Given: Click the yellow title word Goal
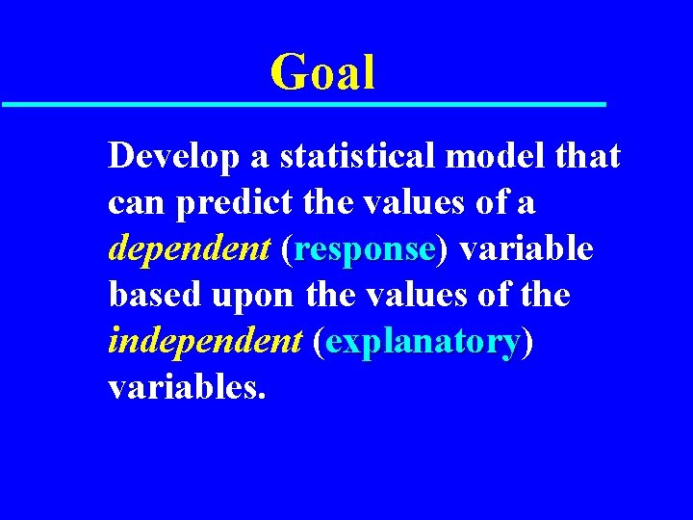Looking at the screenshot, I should click(x=322, y=73).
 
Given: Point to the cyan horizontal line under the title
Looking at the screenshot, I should click(x=303, y=103).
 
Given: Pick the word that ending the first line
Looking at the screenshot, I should click(x=588, y=157).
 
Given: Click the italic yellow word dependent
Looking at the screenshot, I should click(x=190, y=249).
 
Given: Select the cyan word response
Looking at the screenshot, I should click(x=366, y=249).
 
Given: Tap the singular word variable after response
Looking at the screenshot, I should click(x=526, y=249).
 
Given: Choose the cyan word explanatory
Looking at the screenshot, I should click(x=423, y=342).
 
